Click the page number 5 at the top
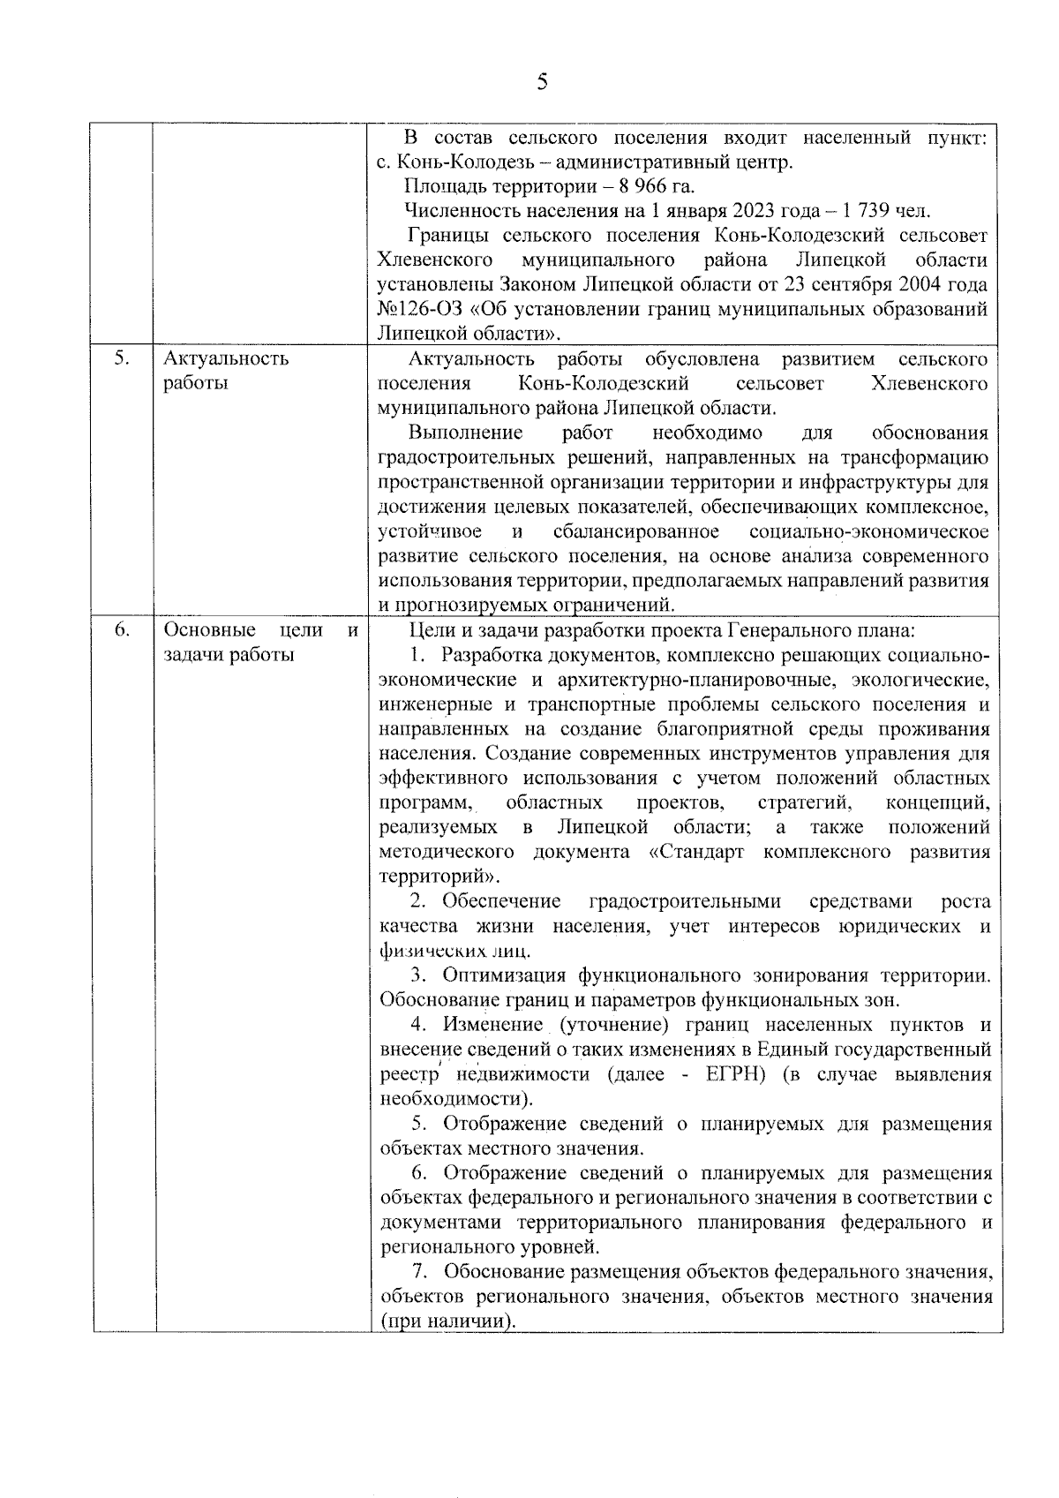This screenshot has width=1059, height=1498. (542, 82)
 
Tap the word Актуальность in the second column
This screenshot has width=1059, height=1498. (226, 358)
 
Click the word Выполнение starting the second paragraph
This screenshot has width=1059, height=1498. (465, 433)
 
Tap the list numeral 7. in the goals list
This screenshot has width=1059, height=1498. (422, 1272)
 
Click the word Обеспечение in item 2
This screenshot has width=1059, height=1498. (501, 901)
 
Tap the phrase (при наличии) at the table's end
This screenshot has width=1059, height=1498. (447, 1321)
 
